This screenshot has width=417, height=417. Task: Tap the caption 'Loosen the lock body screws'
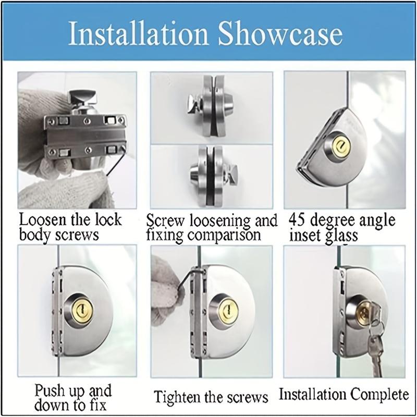click(70, 226)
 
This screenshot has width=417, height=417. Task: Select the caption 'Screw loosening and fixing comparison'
click(211, 227)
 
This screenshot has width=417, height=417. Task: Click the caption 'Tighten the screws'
click(211, 398)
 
